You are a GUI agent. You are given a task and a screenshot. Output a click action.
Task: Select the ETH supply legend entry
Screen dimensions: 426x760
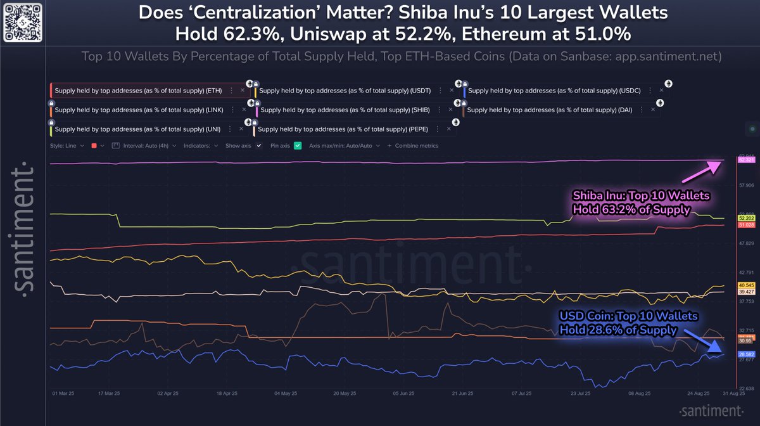pos(137,91)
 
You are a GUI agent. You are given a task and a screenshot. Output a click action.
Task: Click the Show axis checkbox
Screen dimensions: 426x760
pos(258,146)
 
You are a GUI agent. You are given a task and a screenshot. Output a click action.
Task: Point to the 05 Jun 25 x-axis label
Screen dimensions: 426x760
pos(404,393)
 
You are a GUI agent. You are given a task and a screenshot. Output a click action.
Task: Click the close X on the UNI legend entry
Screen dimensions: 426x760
pos(241,129)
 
